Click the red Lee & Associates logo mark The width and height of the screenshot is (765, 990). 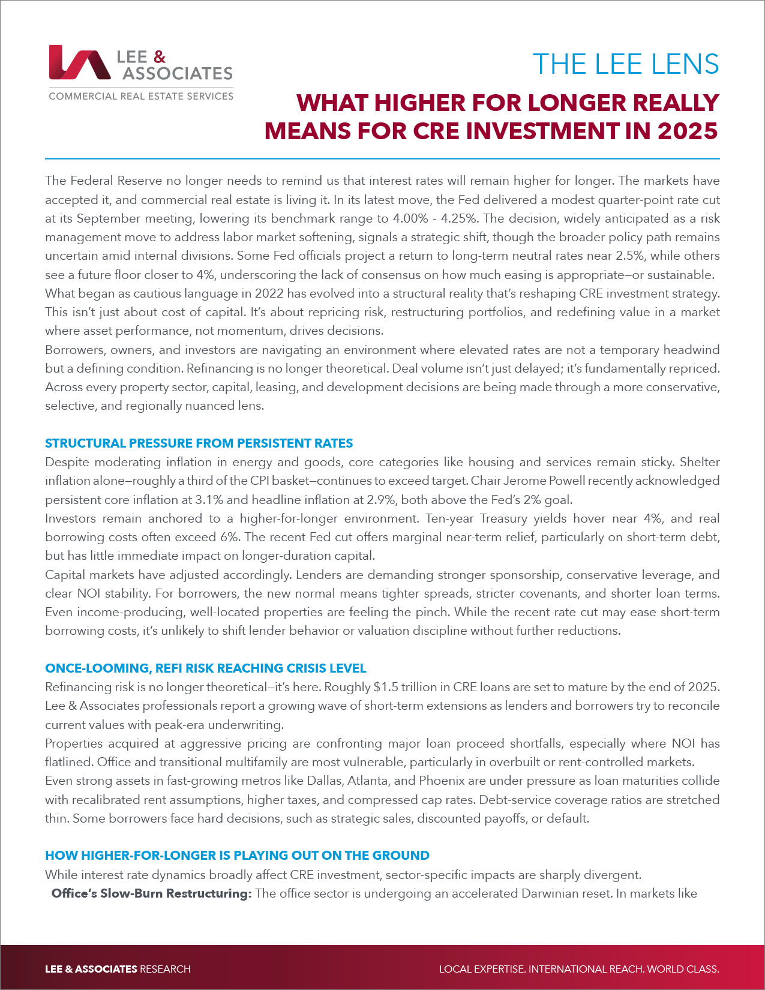pos(80,62)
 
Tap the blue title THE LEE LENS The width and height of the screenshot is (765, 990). pos(626,64)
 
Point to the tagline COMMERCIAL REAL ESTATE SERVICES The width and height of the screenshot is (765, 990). pos(141,96)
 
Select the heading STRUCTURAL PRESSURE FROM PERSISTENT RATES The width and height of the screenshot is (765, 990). pos(199,443)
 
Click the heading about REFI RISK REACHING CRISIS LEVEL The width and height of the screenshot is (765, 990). pos(205,668)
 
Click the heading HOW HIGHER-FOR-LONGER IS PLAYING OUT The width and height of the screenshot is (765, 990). pos(237,856)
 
